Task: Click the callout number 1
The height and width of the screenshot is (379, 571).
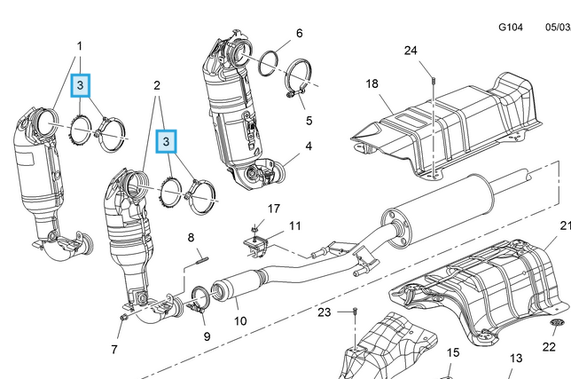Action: [x=79, y=45]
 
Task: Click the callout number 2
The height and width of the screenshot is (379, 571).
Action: [x=157, y=85]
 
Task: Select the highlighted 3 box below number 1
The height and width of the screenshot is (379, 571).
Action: [x=81, y=85]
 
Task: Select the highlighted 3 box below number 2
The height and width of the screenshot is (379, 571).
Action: [x=167, y=141]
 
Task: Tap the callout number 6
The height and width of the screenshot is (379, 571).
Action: [x=299, y=34]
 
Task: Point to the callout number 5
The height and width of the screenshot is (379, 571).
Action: [x=309, y=120]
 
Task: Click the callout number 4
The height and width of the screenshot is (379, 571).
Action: [x=309, y=146]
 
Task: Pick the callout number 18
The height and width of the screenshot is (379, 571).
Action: [x=372, y=83]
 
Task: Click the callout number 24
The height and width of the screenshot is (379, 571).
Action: [x=411, y=51]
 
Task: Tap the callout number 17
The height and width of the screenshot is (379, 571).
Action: [x=274, y=209]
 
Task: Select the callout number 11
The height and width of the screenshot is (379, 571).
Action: [x=294, y=226]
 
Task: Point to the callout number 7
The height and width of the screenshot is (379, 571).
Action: [x=114, y=350]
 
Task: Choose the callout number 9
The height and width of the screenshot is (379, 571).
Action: [x=207, y=336]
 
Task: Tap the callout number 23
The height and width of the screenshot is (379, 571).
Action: [x=325, y=312]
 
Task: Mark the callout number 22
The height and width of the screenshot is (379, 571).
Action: [x=549, y=347]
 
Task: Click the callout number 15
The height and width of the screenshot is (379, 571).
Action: [x=453, y=352]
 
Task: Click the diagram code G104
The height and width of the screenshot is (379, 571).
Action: [x=510, y=28]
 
